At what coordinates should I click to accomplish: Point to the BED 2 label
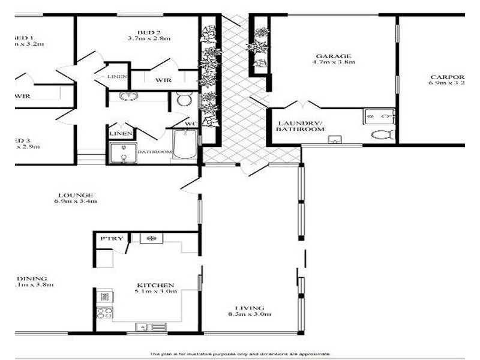(149, 32)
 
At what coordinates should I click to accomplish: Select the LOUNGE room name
(75, 194)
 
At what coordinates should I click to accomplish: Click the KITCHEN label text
(155, 285)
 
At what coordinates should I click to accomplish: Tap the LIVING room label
(249, 308)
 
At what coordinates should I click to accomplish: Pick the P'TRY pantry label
(112, 239)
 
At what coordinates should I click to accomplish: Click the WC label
(191, 124)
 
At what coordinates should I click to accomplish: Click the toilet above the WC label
(184, 99)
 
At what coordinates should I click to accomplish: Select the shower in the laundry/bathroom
(379, 116)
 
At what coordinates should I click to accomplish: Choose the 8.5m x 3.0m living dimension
(249, 314)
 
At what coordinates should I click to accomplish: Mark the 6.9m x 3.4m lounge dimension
(75, 201)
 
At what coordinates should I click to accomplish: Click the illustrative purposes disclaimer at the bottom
(240, 354)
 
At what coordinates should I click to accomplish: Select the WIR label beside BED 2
(163, 80)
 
